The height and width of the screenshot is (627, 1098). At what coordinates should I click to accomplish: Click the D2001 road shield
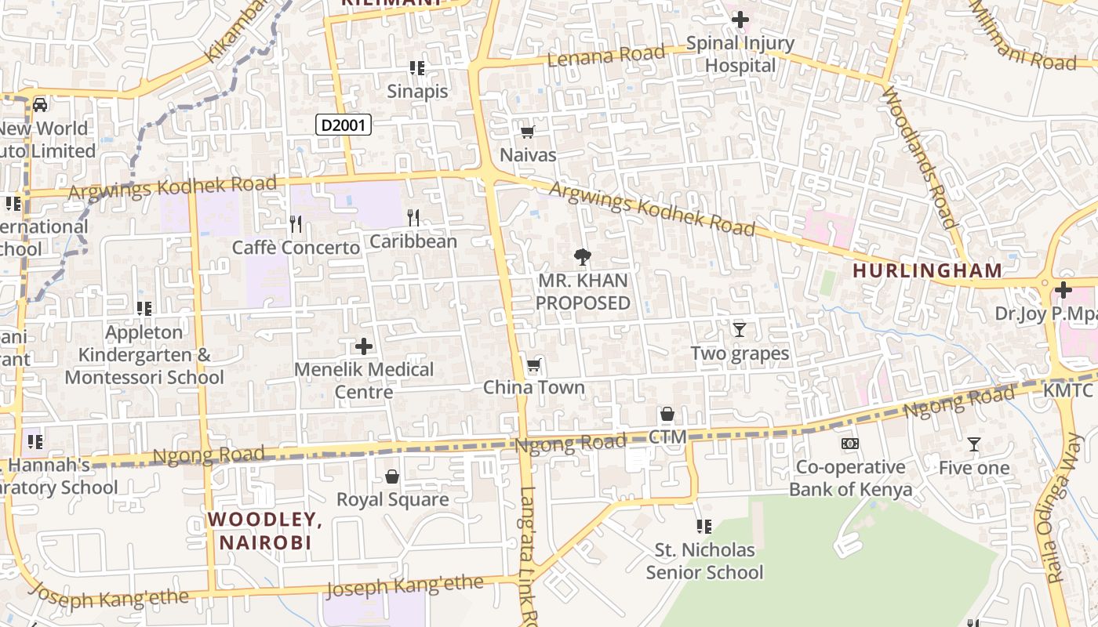point(344,124)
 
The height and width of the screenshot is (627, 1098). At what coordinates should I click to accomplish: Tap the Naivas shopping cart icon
point(528,132)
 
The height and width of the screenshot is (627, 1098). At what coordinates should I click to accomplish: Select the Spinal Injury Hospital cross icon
point(740,20)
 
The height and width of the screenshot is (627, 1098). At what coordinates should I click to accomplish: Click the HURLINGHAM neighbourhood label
point(927,270)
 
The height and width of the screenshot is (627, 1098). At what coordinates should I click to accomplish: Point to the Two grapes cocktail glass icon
point(739,330)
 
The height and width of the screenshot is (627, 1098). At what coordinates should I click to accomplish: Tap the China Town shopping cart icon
point(534,364)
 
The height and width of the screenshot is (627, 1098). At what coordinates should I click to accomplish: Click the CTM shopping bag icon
point(667,414)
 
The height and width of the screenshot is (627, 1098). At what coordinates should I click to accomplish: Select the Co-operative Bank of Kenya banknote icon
point(850,444)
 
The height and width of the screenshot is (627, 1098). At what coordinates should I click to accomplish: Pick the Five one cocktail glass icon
point(973,444)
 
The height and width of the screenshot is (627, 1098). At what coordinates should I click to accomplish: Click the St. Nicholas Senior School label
point(704,561)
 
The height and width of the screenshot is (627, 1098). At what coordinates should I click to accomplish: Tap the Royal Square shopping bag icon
point(392,477)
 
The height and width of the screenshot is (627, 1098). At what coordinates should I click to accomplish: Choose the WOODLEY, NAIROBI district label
point(265,531)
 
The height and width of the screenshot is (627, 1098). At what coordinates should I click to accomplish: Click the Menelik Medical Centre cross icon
point(364,346)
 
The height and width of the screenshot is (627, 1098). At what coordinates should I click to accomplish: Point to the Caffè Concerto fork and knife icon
point(296,224)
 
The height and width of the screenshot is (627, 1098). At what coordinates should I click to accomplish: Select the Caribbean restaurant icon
point(413,218)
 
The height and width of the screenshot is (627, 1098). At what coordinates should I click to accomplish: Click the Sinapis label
point(417,91)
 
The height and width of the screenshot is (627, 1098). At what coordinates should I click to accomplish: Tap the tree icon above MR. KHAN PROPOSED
point(582,256)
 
